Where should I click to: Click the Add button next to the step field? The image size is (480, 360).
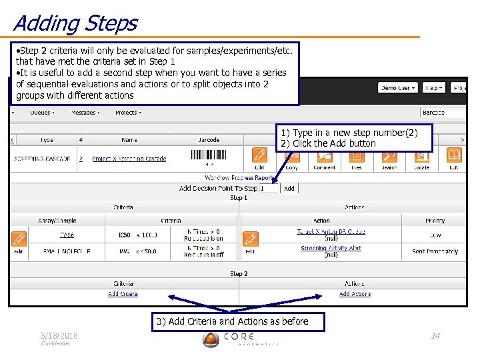289,189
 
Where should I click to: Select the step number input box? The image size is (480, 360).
269,189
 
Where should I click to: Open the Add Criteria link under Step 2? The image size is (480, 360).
123,294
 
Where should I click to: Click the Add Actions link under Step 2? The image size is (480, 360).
355,294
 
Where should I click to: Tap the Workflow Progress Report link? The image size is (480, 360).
239,178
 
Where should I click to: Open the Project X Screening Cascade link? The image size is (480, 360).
129,159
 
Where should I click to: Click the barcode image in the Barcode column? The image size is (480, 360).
208,155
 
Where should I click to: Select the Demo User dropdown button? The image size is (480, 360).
398,88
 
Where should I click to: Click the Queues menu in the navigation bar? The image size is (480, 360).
42,113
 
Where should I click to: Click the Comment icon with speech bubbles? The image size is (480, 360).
325,156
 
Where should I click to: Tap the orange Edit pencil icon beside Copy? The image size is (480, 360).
260,156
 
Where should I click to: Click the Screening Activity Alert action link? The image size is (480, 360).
331,249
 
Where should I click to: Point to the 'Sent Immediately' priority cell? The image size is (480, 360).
435,251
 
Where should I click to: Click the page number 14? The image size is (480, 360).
435,335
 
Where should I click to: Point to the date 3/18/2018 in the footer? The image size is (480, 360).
59,335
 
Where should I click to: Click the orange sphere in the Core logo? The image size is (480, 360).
211,339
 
